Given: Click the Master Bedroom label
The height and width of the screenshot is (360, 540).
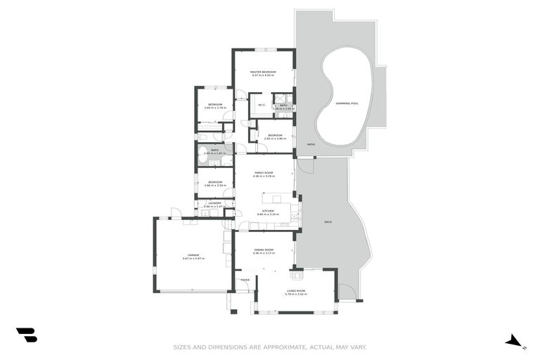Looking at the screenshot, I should (264, 72).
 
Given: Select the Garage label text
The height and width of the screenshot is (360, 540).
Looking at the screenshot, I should (193, 255).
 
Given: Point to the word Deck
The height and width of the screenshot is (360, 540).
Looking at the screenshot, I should (328, 222).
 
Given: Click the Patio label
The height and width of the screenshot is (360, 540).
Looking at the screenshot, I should (311, 144).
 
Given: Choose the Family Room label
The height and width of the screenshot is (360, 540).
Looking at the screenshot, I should (263, 172).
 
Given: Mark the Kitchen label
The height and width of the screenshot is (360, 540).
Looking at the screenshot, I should (268, 210).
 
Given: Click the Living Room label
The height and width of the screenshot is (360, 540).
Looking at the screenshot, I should (296, 290).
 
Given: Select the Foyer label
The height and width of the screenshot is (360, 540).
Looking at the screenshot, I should (245, 280).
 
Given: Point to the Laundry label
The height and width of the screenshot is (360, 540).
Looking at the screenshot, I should (215, 203).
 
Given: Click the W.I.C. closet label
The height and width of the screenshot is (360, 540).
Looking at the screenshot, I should (262, 105).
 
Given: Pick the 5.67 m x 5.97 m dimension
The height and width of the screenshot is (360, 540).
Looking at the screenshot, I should (193, 259).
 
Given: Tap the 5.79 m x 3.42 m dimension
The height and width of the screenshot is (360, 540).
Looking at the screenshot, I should (296, 295).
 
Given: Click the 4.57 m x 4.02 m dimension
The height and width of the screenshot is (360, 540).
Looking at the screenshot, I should (264, 76).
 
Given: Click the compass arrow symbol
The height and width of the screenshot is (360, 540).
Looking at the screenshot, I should (515, 341).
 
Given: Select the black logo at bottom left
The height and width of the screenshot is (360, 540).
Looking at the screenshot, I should (26, 335).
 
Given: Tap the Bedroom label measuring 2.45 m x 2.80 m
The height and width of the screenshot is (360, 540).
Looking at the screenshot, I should (275, 135).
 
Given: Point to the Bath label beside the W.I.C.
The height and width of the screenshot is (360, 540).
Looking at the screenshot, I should (283, 105).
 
